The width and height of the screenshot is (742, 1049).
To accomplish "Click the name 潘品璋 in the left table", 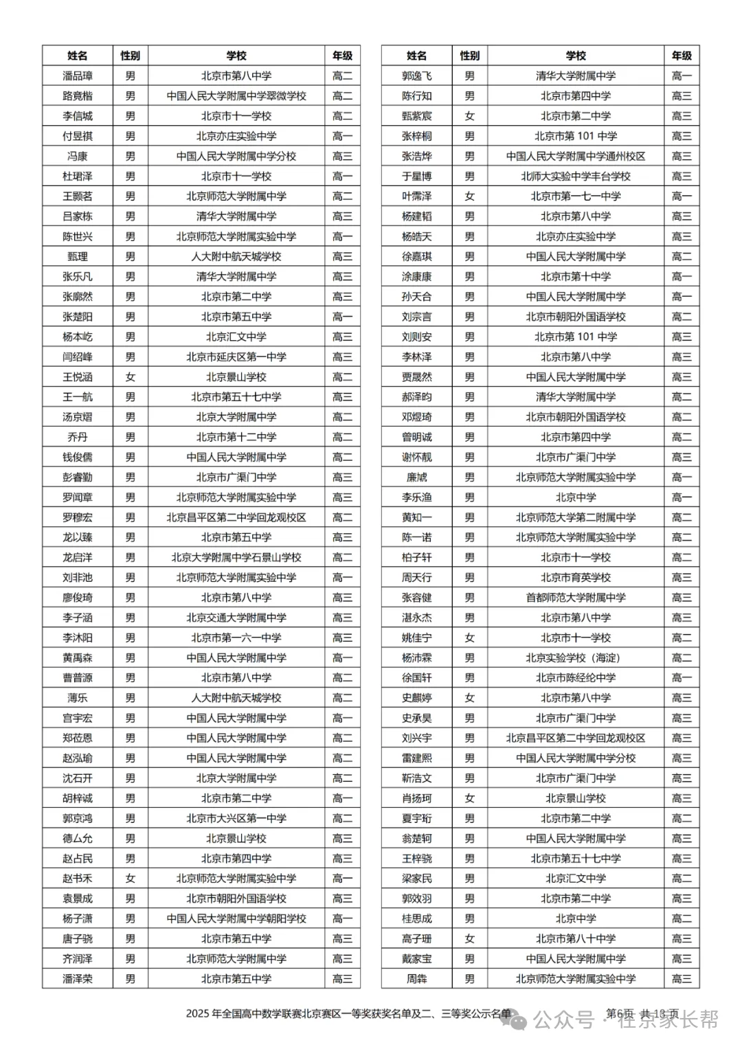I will pos(78,76).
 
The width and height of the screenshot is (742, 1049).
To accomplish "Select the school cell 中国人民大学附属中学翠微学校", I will pos(236,96).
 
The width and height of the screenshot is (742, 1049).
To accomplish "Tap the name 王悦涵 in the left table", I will pos(78,377).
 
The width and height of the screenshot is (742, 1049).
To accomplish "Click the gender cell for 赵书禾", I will pos(131,879).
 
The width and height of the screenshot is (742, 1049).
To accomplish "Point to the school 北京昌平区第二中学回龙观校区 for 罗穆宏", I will pos(236,517).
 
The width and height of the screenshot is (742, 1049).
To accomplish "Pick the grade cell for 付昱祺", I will pos(342,136).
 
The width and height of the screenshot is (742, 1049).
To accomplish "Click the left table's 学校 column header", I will pos(236,56).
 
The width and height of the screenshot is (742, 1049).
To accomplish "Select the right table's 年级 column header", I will pos(682,56).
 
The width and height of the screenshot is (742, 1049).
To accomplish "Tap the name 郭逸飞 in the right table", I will pos(417,76).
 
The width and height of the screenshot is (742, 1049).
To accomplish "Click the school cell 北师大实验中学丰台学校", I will pos(576,177).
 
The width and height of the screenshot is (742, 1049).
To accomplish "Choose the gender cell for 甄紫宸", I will pos(470,116).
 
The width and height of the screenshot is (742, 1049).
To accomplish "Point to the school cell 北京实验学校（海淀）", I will pos(576,658).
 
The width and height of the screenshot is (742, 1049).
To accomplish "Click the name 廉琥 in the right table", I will pos(417,477).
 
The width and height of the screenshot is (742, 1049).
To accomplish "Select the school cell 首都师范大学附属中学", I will pos(576,598).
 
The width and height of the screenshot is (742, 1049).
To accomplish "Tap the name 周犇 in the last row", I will pos(417,979).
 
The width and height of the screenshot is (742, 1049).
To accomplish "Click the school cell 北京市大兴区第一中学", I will pos(236,818).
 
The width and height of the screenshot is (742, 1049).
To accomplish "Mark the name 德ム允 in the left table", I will pos(78,839).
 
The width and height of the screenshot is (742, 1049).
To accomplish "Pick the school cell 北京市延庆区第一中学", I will pos(236,357).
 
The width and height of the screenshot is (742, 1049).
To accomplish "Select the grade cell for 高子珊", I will pos(682,939).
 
